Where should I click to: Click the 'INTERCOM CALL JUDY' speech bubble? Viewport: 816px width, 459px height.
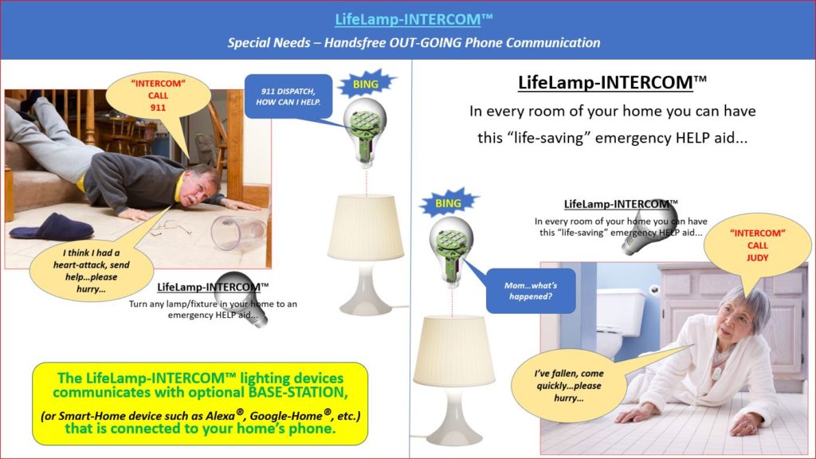pos(757,246)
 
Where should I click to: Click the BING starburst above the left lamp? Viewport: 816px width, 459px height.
pos(367,82)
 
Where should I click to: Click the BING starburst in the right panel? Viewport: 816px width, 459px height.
pos(448,203)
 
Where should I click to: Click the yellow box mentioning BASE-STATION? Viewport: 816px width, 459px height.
pos(200,403)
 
